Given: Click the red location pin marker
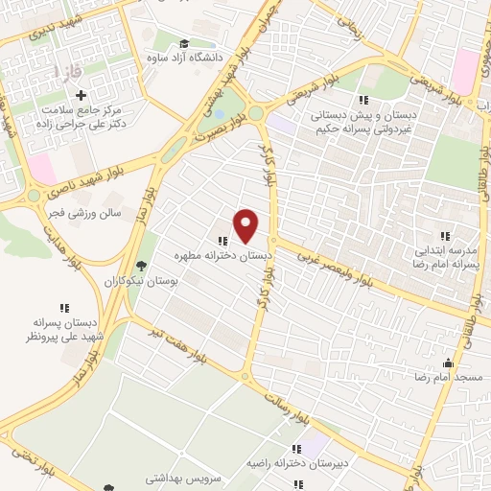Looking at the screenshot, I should pyautogui.click(x=246, y=226).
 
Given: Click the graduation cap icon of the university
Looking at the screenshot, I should pyautogui.click(x=183, y=42).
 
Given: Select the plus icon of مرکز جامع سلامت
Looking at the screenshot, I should pyautogui.click(x=81, y=95).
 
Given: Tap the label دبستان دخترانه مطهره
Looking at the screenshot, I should pyautogui.click(x=223, y=257).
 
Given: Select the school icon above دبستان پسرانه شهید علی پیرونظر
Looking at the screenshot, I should pyautogui.click(x=64, y=308).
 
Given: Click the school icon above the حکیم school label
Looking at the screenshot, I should pyautogui.click(x=362, y=100).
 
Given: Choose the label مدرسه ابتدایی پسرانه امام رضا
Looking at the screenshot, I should pyautogui.click(x=444, y=256).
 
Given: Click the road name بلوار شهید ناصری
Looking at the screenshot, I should pyautogui.click(x=92, y=173).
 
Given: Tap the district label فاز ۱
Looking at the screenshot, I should pyautogui.click(x=69, y=71).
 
